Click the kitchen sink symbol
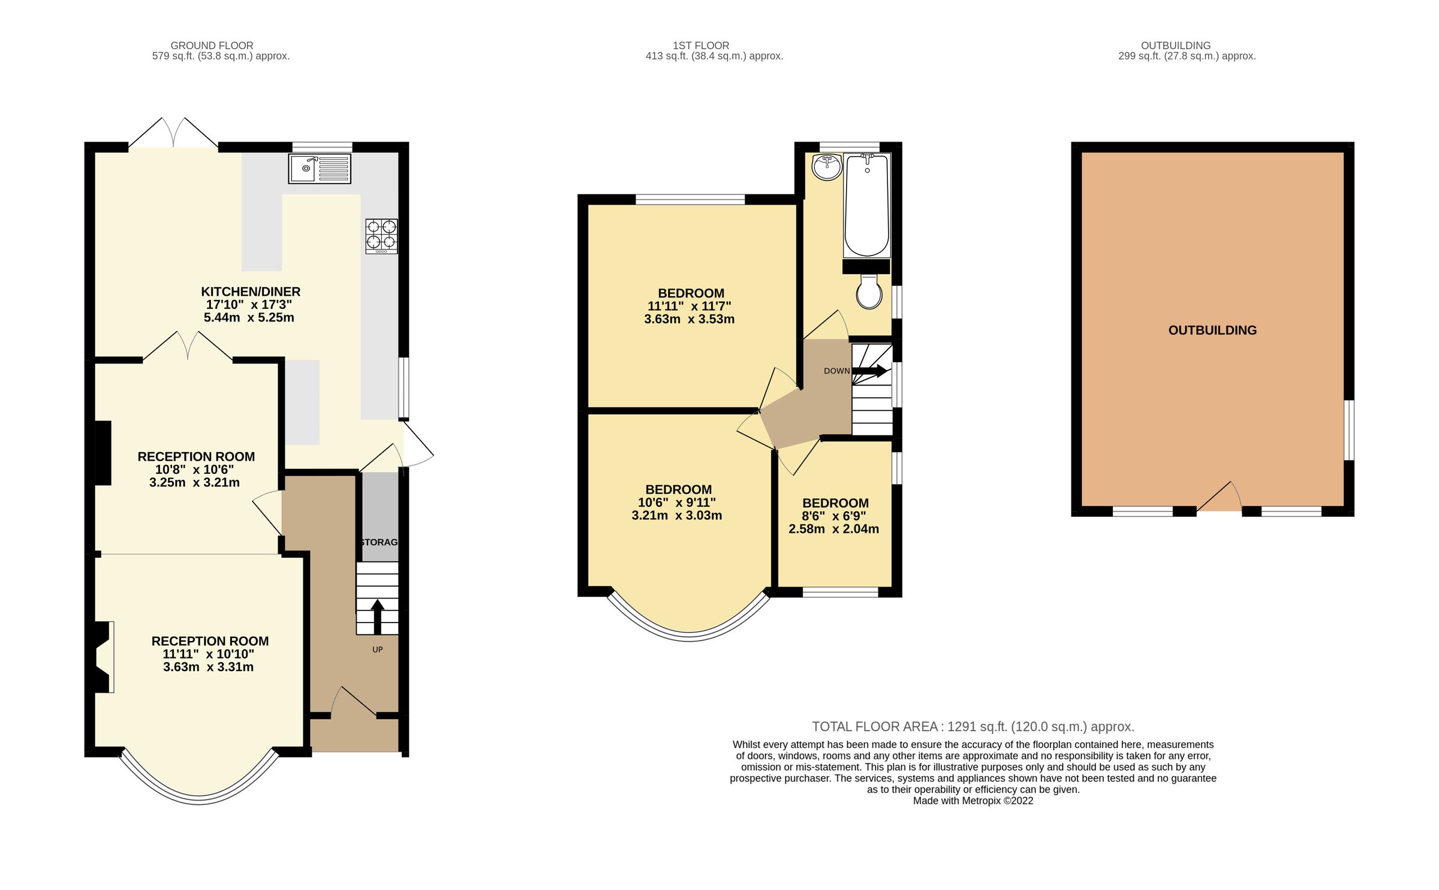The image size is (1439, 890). tap(319, 169)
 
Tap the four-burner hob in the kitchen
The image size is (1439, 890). tap(381, 235)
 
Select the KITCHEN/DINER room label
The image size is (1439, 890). tap(251, 292)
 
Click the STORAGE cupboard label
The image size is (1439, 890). tap(379, 542)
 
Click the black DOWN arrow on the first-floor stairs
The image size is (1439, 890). tap(870, 371)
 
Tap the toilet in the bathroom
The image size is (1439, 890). tap(869, 292)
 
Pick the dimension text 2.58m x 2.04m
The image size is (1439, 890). tap(833, 529)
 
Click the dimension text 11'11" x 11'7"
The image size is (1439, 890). tap(689, 306)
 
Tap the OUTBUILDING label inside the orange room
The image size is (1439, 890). tap(1212, 330)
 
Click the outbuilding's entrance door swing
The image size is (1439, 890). tap(1221, 498)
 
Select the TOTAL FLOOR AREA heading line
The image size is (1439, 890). tap(973, 727)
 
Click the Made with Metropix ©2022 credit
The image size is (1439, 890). tap(973, 801)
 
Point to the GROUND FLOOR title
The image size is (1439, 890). tap(212, 46)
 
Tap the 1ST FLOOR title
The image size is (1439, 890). tap(700, 46)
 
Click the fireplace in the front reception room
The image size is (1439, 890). tap(103, 657)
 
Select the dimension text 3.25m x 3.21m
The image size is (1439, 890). tap(194, 483)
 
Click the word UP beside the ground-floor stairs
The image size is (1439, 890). tap(377, 650)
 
